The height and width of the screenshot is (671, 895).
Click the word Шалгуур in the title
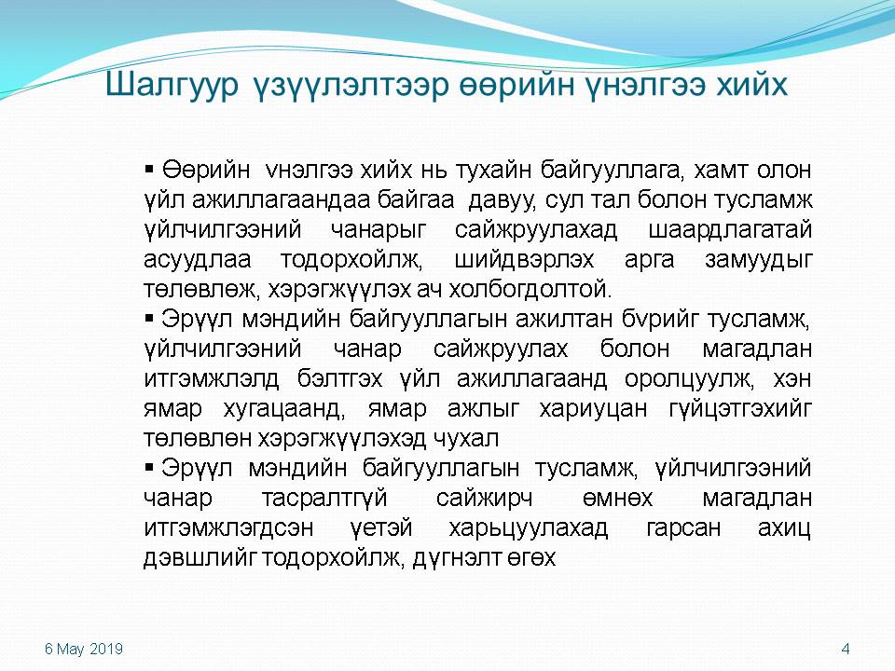[172, 85]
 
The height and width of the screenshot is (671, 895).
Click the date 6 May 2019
[84, 649]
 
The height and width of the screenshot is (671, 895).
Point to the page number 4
[846, 649]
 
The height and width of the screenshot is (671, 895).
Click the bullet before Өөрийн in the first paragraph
[149, 169]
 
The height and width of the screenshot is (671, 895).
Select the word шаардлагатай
[730, 230]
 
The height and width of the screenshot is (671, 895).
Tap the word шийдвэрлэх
[524, 260]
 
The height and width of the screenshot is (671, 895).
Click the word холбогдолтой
[530, 290]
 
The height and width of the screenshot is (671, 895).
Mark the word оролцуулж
[689, 380]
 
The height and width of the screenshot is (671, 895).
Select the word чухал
[466, 439]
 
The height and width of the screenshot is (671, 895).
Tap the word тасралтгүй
[324, 499]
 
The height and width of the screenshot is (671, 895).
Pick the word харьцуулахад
[528, 528]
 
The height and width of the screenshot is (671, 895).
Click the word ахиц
[784, 528]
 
